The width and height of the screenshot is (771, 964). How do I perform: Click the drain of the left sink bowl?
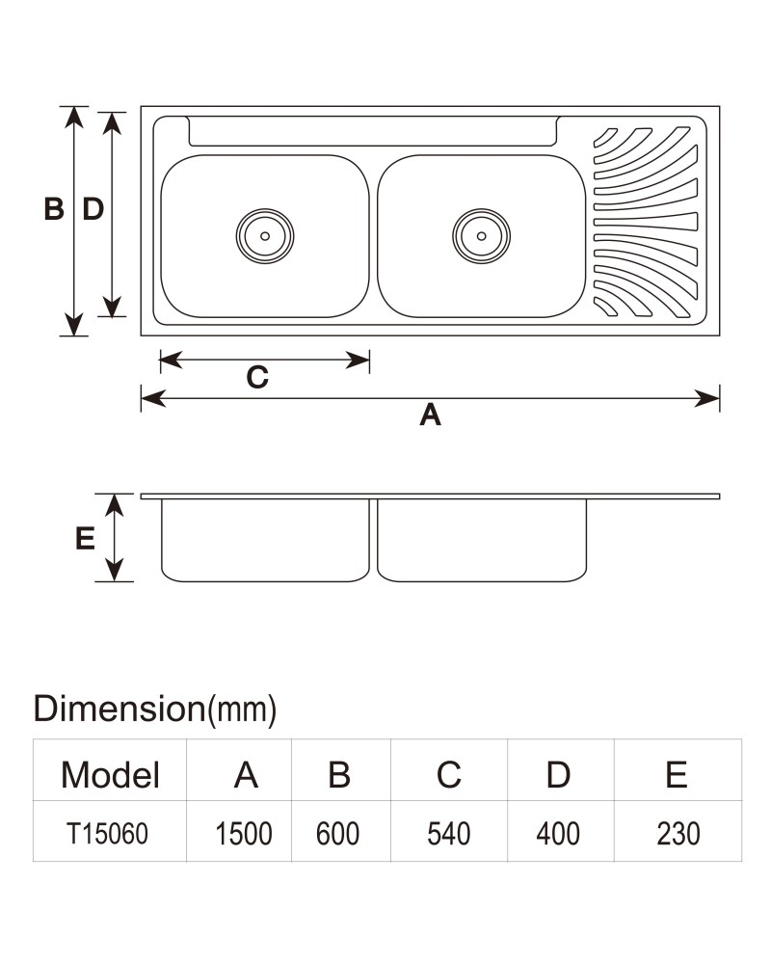click(x=265, y=236)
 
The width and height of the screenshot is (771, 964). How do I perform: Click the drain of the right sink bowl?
click(x=482, y=236)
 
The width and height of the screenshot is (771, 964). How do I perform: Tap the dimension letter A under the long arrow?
click(x=431, y=415)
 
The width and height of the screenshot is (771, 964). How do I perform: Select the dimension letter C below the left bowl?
click(x=257, y=377)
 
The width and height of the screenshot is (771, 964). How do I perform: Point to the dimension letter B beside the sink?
click(x=54, y=209)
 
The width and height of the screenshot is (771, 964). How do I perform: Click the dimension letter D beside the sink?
click(x=93, y=209)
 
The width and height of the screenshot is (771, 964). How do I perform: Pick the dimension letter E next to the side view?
click(x=85, y=539)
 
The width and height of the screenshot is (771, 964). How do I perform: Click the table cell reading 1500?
click(x=244, y=834)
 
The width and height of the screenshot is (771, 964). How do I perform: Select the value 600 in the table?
click(x=337, y=834)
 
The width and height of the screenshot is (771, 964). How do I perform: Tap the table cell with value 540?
click(x=449, y=834)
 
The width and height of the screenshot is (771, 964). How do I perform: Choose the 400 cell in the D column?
click(x=558, y=834)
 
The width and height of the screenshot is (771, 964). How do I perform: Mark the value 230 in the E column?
click(x=678, y=834)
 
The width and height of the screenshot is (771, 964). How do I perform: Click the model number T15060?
click(x=108, y=834)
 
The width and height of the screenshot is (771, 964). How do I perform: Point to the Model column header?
click(x=110, y=775)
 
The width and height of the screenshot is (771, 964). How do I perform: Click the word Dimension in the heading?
click(x=120, y=709)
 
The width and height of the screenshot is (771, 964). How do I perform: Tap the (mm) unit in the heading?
click(x=242, y=710)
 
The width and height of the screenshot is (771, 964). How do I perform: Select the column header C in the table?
click(x=449, y=775)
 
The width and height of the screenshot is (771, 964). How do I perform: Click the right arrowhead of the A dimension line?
click(x=707, y=398)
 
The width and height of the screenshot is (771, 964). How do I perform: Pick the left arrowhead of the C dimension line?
click(x=171, y=361)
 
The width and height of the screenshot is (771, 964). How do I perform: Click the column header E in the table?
click(x=677, y=775)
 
